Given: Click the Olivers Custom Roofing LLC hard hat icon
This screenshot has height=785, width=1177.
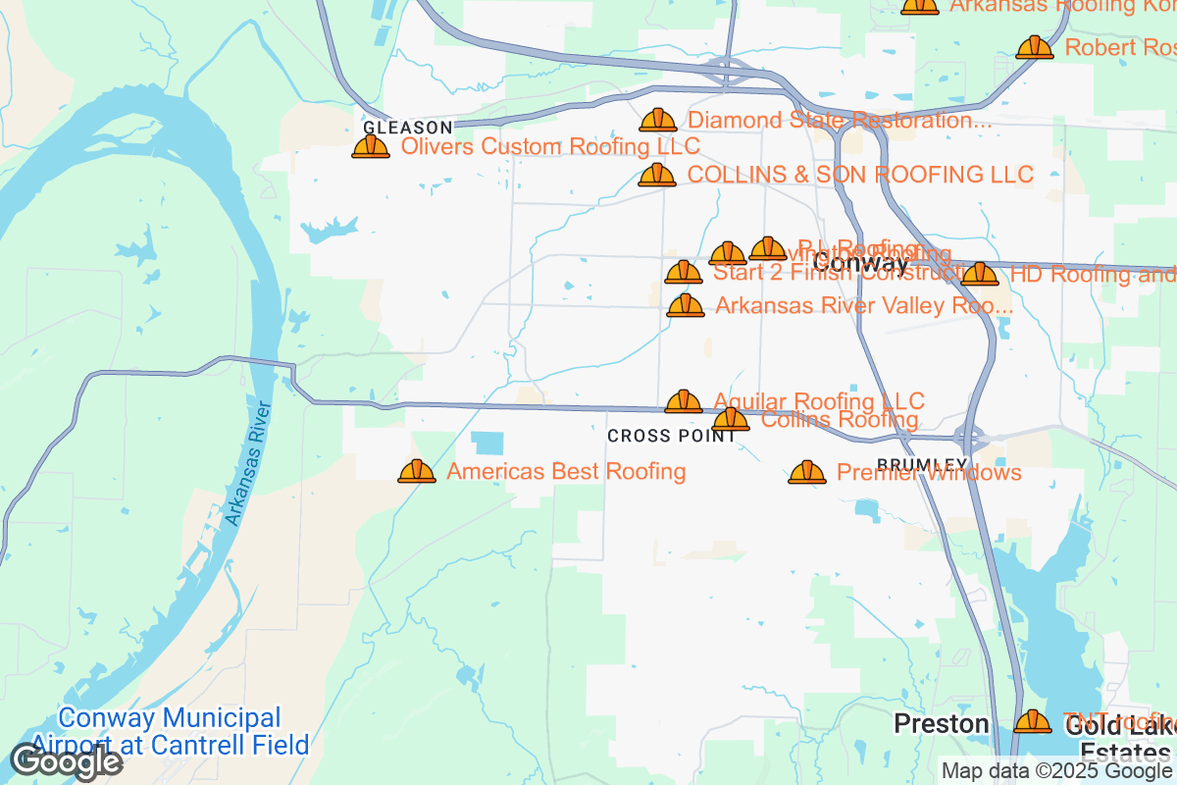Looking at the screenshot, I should [x=371, y=147].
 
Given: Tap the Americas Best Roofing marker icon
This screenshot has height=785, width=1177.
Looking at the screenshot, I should [x=417, y=472].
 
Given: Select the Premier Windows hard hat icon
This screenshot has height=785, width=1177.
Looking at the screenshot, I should [x=807, y=473].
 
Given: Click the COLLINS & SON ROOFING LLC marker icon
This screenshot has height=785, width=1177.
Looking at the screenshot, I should [x=657, y=176].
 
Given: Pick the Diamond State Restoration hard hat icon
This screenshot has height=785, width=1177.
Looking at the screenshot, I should [x=658, y=121].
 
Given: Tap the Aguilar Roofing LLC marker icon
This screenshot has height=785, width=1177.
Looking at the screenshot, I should [x=684, y=401].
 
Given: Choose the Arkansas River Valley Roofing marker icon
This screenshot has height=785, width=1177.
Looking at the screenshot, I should [x=686, y=306].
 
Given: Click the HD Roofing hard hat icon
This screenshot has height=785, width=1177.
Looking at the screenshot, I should [x=980, y=275].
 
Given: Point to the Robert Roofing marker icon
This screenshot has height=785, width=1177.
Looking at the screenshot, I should [x=1035, y=47].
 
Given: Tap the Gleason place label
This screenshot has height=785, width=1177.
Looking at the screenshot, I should [x=408, y=128].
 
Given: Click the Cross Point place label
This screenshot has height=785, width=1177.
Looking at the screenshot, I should [x=671, y=436].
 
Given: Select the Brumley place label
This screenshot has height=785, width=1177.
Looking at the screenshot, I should [x=922, y=464].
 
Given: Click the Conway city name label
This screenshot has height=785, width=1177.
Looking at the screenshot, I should [x=861, y=263].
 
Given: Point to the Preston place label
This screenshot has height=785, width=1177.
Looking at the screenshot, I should [x=941, y=724].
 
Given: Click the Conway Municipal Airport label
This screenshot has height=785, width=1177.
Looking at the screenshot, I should [x=170, y=731].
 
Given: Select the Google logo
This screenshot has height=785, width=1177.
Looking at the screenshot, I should [x=66, y=761].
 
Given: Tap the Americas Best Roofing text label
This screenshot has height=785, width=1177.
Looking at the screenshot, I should [x=566, y=472].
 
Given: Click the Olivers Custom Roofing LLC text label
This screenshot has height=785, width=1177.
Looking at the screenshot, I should [x=551, y=147].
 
